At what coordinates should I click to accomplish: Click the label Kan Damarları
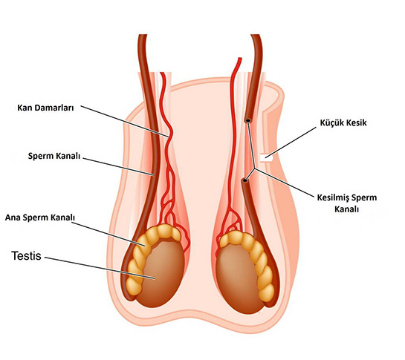(45, 108)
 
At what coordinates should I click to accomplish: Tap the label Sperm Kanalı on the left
(54, 156)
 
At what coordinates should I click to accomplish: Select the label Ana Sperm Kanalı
(40, 217)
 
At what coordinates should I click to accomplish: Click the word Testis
(26, 256)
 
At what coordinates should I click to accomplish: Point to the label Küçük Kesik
(343, 122)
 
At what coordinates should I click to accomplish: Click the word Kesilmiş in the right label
(333, 197)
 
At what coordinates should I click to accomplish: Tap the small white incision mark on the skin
(266, 157)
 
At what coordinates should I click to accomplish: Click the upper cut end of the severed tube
(248, 120)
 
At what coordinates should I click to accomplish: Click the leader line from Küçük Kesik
(291, 142)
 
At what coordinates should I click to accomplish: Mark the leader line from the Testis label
(100, 268)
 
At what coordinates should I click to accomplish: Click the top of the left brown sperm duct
(143, 35)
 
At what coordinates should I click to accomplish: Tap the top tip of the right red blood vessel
(240, 59)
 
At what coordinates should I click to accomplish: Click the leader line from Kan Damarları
(125, 121)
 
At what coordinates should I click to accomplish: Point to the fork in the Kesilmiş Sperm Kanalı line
(255, 168)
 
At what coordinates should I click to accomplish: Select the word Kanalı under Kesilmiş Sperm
(346, 209)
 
